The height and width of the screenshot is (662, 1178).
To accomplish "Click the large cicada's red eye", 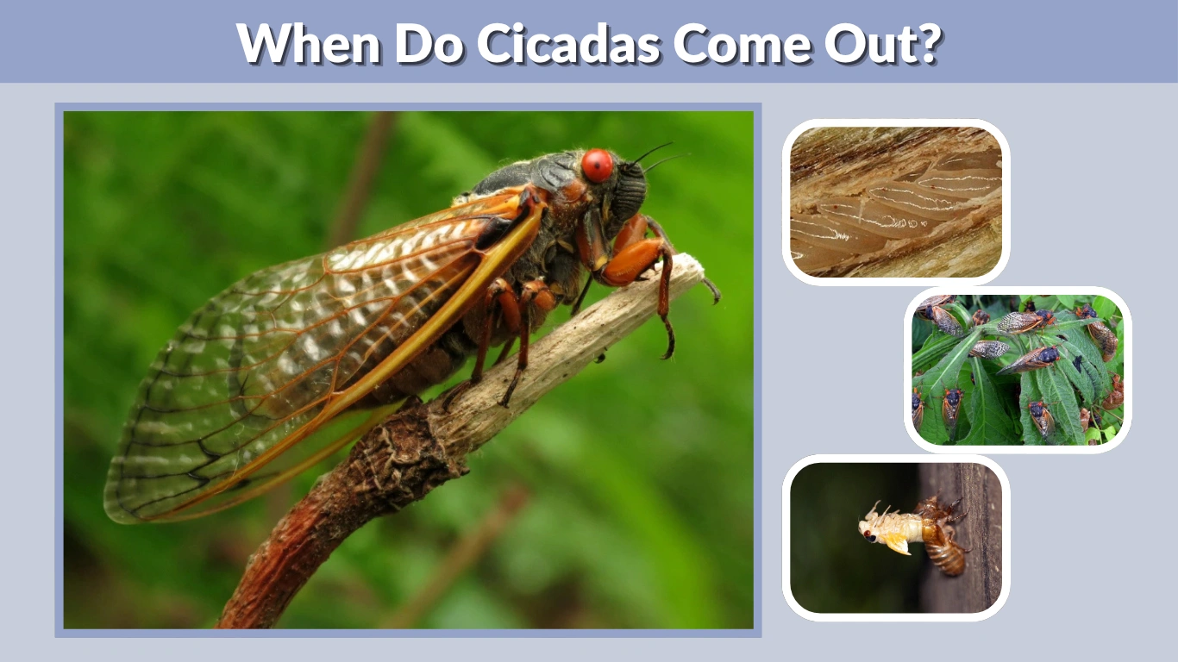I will (x=597, y=165).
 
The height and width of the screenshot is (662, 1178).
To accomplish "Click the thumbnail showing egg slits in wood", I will (x=896, y=202).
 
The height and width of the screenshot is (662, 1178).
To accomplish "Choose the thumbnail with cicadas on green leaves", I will (x=1018, y=370).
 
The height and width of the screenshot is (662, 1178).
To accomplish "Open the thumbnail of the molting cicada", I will (x=896, y=538).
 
